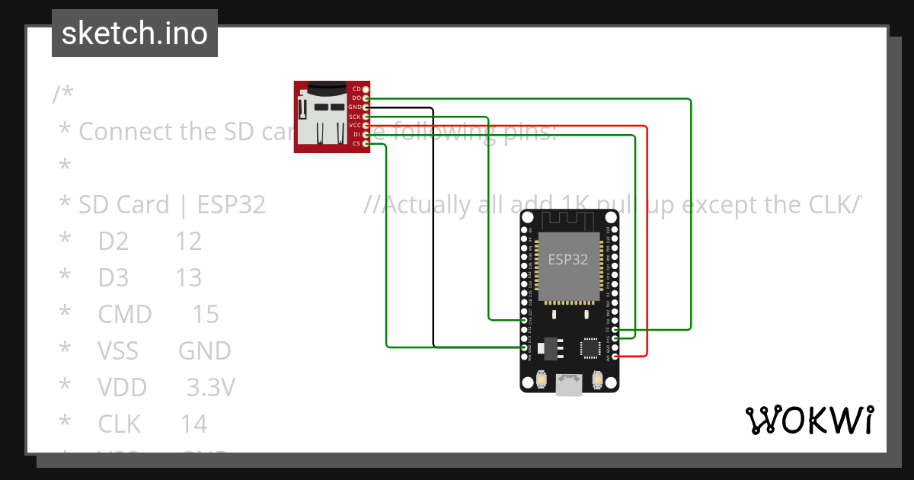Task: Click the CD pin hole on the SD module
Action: coord(366,90)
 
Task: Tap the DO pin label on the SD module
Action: coord(356,98)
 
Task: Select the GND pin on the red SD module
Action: coord(366,107)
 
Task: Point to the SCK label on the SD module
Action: coord(355,117)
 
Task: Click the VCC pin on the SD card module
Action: coord(366,125)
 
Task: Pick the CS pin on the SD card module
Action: coord(366,143)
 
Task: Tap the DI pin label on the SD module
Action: coord(356,134)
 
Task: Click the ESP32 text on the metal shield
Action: coord(568,259)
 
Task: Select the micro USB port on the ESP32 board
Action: coord(569,385)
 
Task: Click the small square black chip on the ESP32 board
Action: coord(591,347)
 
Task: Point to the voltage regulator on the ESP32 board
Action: coord(550,347)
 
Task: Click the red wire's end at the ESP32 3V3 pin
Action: coord(615,356)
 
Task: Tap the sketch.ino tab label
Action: coord(135,34)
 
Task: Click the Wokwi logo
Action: coord(808,420)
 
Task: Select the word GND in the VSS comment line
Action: coord(204,350)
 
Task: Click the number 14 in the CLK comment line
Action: coord(193,424)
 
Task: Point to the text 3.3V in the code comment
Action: coord(210,387)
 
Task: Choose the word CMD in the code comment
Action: coord(125,314)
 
